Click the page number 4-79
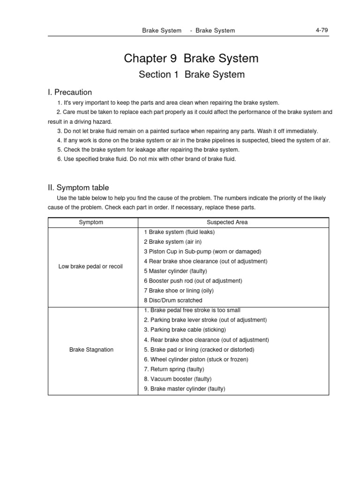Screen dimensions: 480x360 point(321,30)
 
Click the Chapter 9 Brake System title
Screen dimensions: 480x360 point(191,59)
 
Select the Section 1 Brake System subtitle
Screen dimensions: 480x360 point(191,75)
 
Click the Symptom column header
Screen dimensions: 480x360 point(91,222)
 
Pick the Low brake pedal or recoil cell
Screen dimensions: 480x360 point(90,267)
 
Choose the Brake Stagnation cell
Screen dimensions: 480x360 point(91,350)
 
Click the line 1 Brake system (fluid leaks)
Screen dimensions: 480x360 point(180,232)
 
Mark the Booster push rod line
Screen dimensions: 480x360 point(193,281)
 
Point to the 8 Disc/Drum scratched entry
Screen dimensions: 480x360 point(173,300)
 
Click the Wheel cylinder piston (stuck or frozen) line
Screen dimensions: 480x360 point(196,360)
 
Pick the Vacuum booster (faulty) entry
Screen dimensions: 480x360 point(178,379)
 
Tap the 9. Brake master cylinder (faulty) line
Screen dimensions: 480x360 point(185,389)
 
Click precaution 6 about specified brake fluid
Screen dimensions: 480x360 point(147,159)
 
